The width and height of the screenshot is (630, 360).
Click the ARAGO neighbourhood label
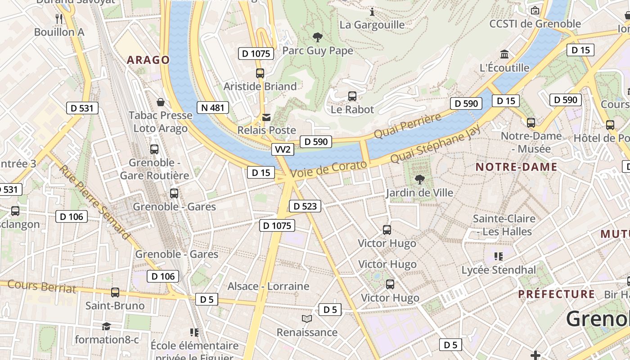click(148, 60)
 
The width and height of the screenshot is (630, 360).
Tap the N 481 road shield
click(213, 108)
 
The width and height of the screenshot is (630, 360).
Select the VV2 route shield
click(283, 149)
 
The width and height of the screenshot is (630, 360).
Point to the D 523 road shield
click(305, 206)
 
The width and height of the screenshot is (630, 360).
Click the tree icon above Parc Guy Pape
click(318, 37)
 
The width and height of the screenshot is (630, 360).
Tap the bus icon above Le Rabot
click(352, 96)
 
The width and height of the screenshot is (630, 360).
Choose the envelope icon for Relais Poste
click(267, 117)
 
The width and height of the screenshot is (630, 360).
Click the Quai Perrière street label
click(408, 126)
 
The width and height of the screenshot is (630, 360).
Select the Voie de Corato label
click(328, 169)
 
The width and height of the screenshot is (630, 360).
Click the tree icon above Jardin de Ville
click(419, 180)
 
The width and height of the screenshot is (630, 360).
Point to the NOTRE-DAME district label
click(516, 167)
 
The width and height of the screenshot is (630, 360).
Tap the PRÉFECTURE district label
click(556, 294)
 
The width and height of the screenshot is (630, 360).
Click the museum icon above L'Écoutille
click(504, 54)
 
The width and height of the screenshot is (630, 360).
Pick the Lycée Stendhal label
click(499, 270)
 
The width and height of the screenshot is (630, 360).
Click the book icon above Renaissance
click(307, 319)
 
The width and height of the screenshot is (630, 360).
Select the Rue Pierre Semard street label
click(94, 202)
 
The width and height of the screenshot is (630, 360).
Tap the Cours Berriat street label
click(42, 286)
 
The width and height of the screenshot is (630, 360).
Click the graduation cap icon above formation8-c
click(106, 326)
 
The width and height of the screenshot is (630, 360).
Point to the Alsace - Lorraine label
click(268, 286)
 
